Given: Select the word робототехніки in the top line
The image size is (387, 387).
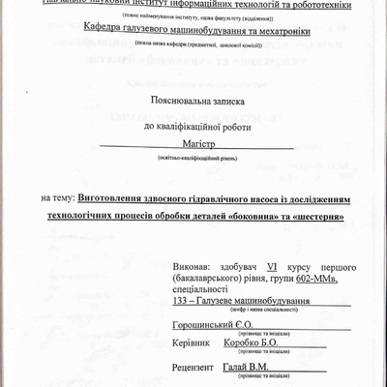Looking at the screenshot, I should [313, 4].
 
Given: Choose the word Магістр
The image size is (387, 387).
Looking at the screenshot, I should [195, 144].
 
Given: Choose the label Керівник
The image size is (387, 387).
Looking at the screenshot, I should [191, 342].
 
